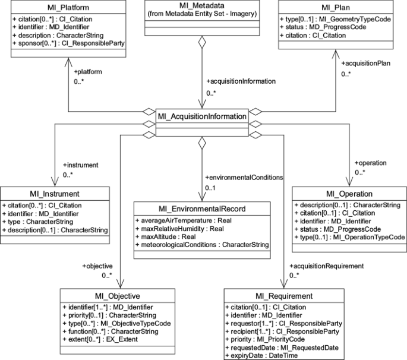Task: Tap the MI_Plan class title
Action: pyautogui.click(x=344, y=7)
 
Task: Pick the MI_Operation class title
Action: pyautogui.click(x=349, y=194)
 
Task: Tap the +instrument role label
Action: pyautogui.click(x=80, y=164)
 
